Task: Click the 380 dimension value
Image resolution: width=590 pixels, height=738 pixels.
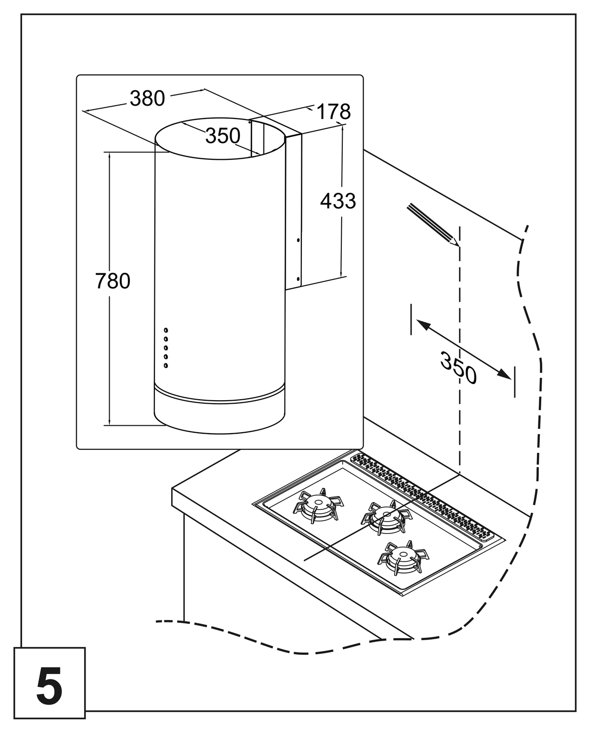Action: [x=147, y=98]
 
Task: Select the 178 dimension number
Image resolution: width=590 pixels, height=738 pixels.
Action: [x=333, y=112]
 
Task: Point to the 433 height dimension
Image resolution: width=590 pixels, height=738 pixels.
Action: [x=338, y=201]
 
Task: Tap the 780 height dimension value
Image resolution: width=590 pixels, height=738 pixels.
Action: [x=113, y=281]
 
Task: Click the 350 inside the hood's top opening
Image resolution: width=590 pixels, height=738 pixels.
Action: [x=223, y=136]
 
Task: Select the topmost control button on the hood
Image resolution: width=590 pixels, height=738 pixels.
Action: [x=166, y=330]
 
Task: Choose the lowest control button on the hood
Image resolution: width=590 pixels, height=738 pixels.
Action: [x=166, y=366]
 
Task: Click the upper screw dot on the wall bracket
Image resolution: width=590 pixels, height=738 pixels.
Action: [x=298, y=240]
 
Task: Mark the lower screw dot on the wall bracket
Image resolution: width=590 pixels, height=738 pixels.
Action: [x=298, y=278]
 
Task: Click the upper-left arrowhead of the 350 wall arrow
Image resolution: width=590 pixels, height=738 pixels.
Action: [x=423, y=325]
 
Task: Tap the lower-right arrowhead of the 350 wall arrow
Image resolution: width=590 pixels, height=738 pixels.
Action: [x=504, y=374]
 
